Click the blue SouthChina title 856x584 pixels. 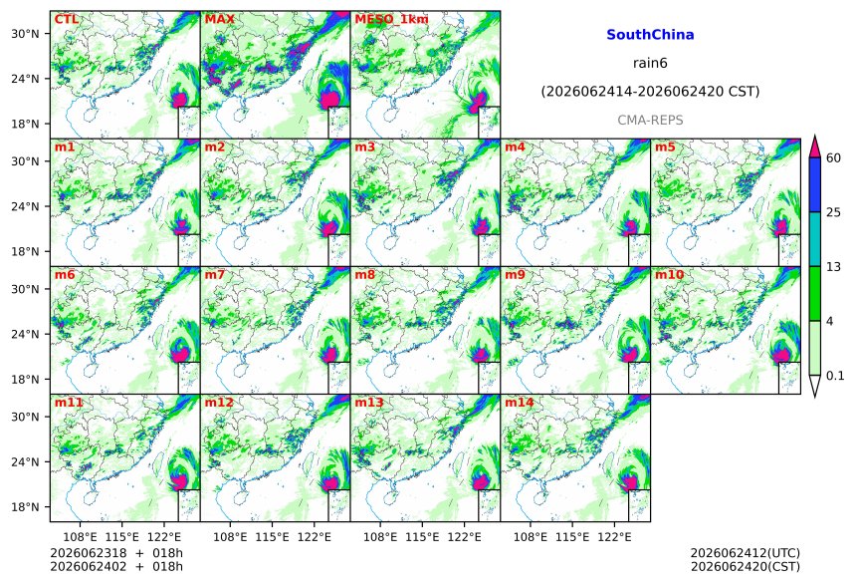[x=650, y=35]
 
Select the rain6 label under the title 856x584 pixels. [x=650, y=63]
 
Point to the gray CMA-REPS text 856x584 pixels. [x=650, y=121]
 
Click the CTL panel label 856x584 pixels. [x=66, y=19]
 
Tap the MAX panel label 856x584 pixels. [x=219, y=19]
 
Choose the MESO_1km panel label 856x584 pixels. [x=391, y=19]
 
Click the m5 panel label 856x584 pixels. [x=665, y=147]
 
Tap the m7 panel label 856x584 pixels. [x=215, y=274]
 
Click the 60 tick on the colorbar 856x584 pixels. [x=833, y=158]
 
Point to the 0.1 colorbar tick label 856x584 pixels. [x=835, y=376]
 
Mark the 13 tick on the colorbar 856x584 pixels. [x=833, y=267]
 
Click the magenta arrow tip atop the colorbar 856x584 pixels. [x=814, y=136]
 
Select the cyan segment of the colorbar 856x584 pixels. [x=814, y=239]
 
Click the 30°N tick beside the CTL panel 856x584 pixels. [x=25, y=34]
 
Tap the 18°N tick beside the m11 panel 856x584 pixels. [x=25, y=507]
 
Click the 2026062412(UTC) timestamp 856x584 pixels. [x=746, y=553]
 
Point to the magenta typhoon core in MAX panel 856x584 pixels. [x=329, y=100]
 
